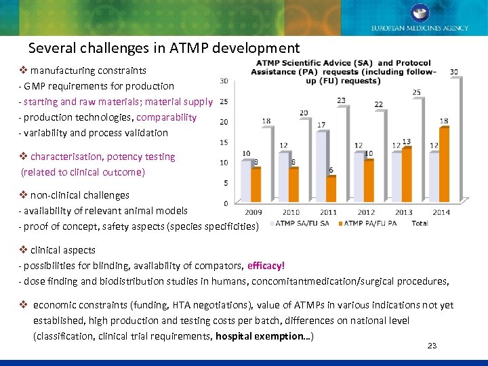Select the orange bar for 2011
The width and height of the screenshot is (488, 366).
(x=331, y=189)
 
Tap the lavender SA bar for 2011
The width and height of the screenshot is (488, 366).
(x=321, y=166)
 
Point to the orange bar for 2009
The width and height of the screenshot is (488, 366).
(x=256, y=184)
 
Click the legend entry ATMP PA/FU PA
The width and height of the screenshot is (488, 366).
(x=369, y=223)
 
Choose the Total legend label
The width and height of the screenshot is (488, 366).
(x=420, y=223)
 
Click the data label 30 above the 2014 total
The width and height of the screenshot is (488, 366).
(x=453, y=72)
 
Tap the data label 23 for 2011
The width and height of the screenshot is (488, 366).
(x=341, y=101)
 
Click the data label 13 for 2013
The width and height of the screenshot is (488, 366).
(x=406, y=142)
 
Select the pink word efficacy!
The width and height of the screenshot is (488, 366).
(x=266, y=266)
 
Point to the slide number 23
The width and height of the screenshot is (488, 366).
(x=432, y=346)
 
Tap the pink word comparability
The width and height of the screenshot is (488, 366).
(x=167, y=117)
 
